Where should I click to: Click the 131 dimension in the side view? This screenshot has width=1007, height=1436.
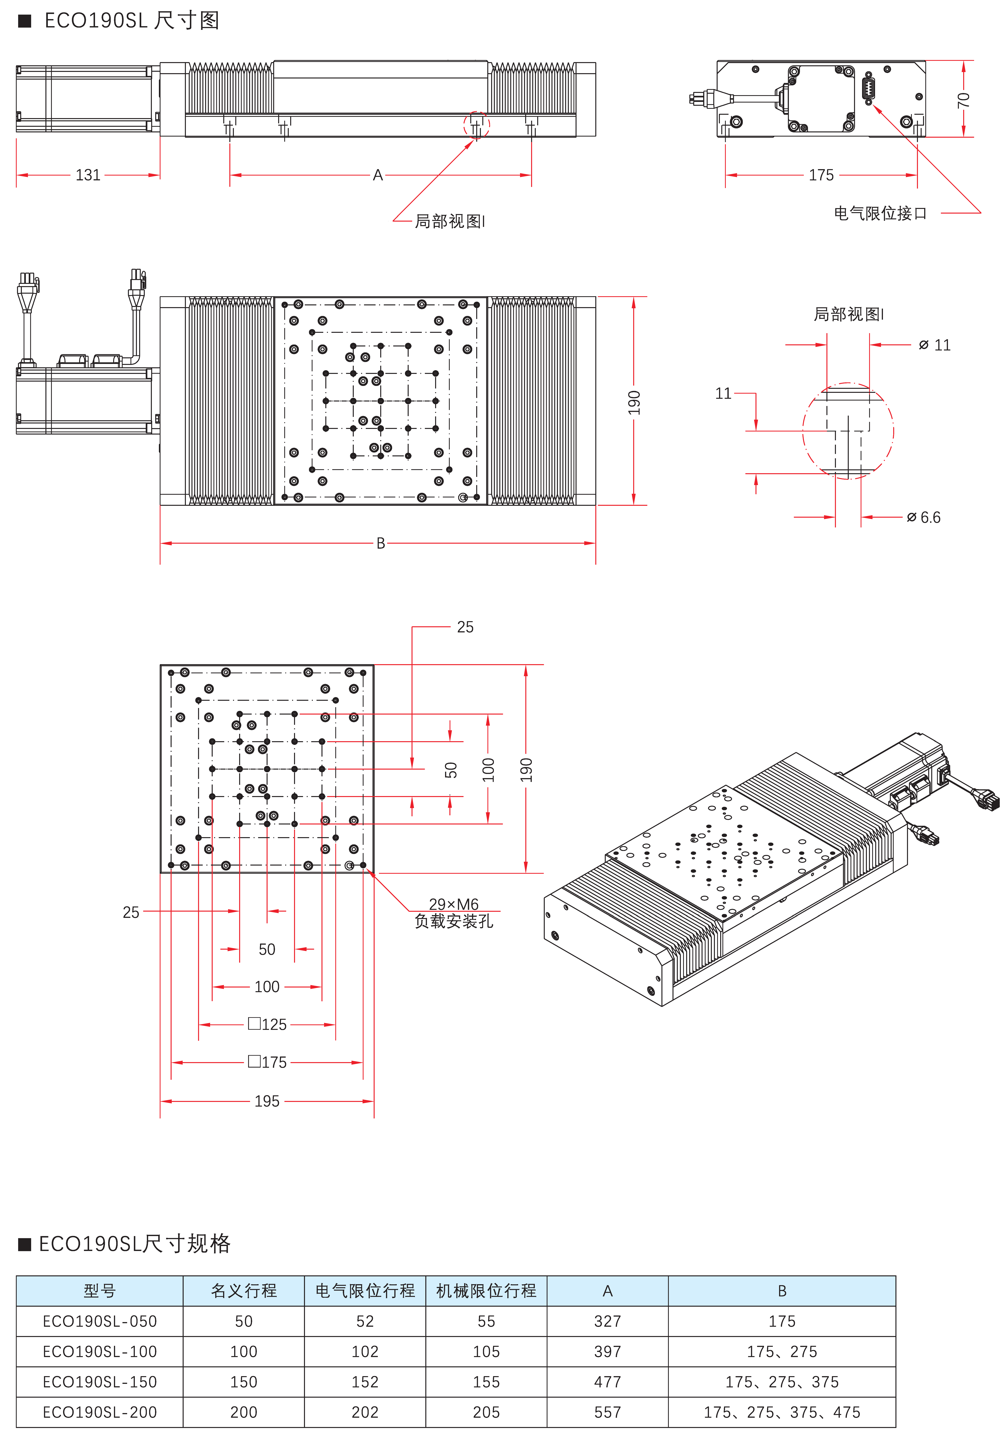[x=88, y=175]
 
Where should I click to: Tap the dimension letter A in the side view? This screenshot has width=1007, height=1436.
[x=378, y=175]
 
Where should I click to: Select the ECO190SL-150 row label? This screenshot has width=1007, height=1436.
[x=100, y=1382]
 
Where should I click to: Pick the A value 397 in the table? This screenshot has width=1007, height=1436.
[x=607, y=1352]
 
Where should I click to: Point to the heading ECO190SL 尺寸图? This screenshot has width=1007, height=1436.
[x=131, y=21]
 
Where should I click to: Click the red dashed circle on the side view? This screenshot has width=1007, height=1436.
[x=477, y=125]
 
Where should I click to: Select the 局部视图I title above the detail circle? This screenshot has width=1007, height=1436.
[x=849, y=314]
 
